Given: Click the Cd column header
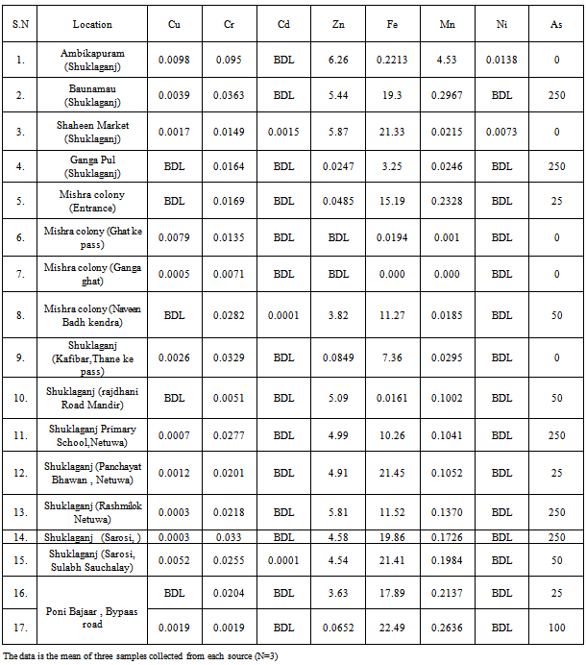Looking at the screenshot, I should coord(283,24).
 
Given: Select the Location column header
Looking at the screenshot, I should coord(92,24).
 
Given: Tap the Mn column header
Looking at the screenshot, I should coord(447,24).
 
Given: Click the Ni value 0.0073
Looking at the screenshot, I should coord(501,131).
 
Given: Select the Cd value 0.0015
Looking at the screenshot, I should coord(283,131).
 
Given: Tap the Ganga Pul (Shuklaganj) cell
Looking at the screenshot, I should coord(92,166).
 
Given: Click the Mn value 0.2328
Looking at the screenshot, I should coord(447,202).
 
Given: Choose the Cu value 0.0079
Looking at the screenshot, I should coord(174,237).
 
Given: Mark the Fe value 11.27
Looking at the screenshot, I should coord(391,313).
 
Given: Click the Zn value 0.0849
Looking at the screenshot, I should coord(337,357).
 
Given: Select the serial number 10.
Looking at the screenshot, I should coord(20,397).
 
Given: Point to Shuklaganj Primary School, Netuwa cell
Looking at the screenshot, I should coord(92,434).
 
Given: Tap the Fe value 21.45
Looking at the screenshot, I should coord(391,473).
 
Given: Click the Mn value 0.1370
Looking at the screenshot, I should coord(447,512).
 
